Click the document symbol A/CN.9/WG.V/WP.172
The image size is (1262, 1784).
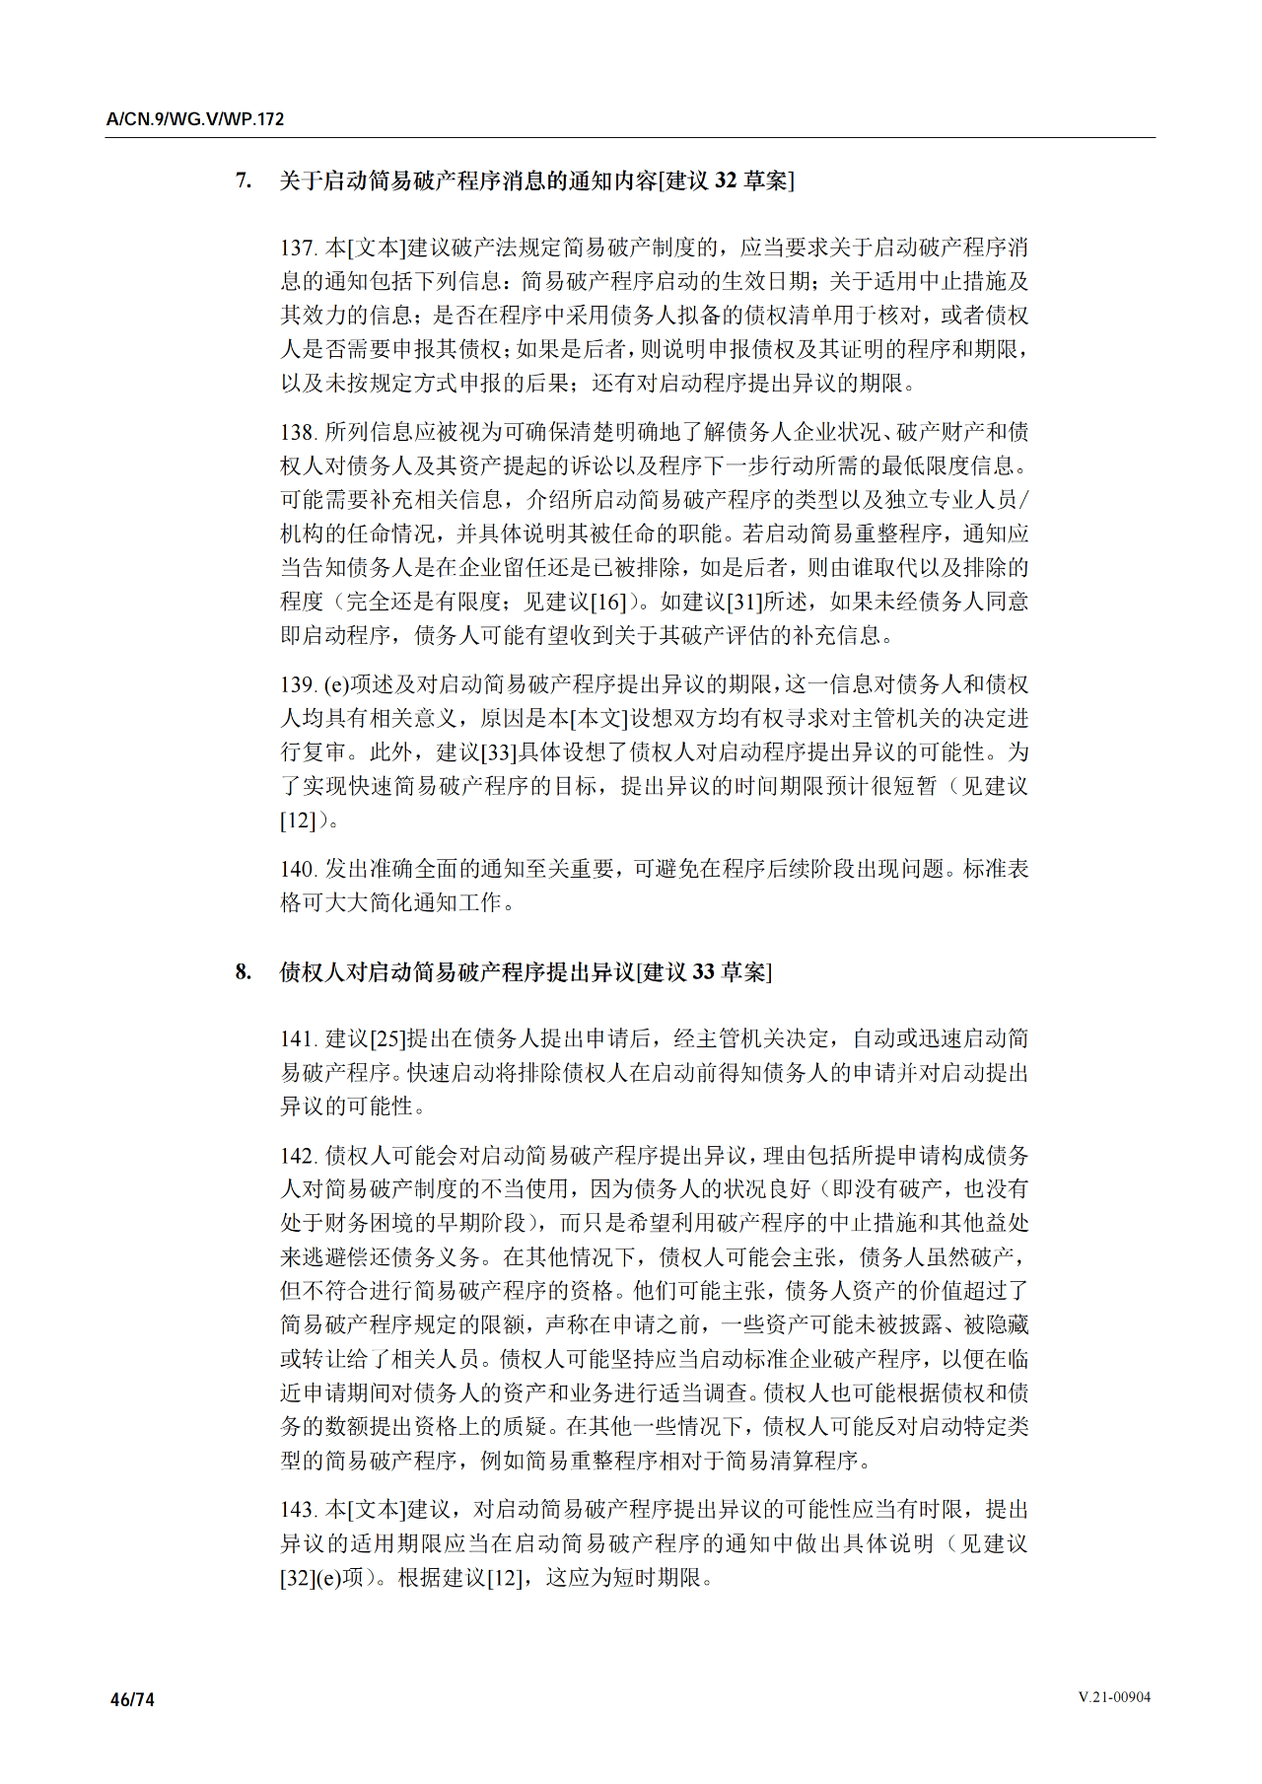[x=195, y=119]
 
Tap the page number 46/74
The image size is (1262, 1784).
[x=132, y=1699]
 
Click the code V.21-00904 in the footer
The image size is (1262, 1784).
[x=1114, y=1697]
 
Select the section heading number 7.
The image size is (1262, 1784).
[x=243, y=180]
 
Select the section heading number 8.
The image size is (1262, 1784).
[x=243, y=972]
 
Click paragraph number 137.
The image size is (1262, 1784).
[x=299, y=248]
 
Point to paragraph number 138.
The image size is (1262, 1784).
[x=299, y=432]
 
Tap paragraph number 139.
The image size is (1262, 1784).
[x=299, y=684]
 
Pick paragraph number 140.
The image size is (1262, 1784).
[x=299, y=869]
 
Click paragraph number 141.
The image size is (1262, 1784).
[x=299, y=1038]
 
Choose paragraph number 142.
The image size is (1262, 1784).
[x=299, y=1156]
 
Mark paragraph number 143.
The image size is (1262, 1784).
[x=299, y=1510]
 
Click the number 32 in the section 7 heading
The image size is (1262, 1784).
[x=726, y=180]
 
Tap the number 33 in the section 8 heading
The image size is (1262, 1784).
[x=703, y=972]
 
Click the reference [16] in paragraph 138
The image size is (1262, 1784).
[x=608, y=602]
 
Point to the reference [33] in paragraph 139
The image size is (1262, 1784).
[x=499, y=752]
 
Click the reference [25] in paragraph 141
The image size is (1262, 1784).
[x=387, y=1038]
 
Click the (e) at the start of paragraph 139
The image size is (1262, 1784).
[x=337, y=684]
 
